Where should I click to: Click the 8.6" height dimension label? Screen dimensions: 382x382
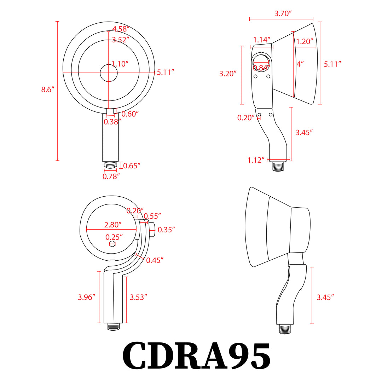(x=47, y=90)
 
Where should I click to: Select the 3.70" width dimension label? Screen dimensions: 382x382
(x=283, y=14)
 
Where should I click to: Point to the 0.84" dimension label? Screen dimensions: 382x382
(x=261, y=68)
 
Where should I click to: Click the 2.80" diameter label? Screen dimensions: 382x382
(x=113, y=225)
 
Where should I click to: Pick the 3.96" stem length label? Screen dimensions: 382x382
(x=87, y=297)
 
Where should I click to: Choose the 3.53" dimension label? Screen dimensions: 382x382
(x=138, y=297)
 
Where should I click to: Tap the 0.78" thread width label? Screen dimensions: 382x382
(x=111, y=176)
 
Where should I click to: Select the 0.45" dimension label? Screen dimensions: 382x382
(x=155, y=260)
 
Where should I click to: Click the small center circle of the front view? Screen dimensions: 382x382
(x=109, y=73)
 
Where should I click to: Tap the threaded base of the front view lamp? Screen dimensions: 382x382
(x=110, y=165)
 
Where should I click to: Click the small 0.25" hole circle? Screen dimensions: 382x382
(x=112, y=244)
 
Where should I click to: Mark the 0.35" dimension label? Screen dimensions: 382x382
(x=167, y=230)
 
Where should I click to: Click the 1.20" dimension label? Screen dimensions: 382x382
(x=305, y=41)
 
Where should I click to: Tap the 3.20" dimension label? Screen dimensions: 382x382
(x=228, y=74)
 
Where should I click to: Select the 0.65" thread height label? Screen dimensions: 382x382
(x=132, y=166)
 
